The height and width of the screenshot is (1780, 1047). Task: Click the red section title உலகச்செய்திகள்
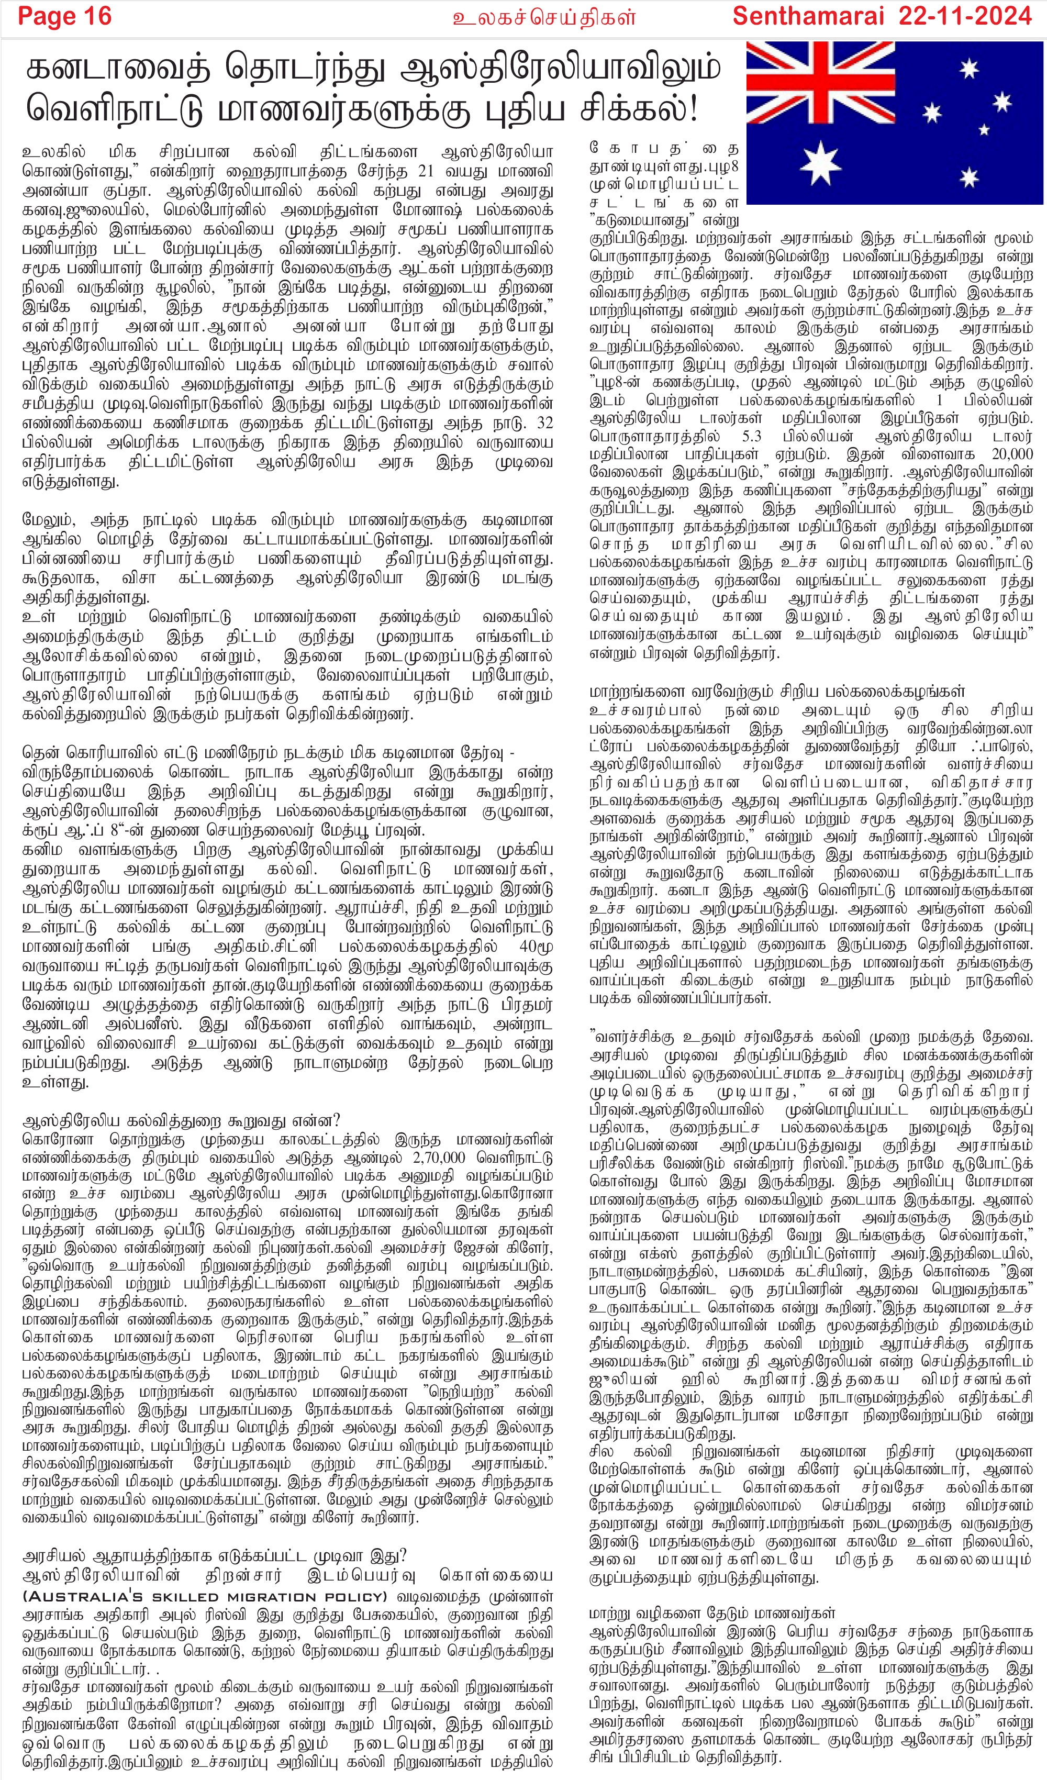(x=544, y=17)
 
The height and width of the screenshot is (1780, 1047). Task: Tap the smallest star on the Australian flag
(x=984, y=130)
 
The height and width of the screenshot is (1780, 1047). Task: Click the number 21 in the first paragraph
(x=425, y=172)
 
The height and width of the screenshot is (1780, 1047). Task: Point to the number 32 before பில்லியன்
(x=544, y=423)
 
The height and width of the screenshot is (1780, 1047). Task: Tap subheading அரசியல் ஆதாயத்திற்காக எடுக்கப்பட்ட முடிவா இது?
(x=214, y=1556)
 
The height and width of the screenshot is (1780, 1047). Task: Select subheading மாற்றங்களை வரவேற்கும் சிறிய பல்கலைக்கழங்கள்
(x=776, y=691)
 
